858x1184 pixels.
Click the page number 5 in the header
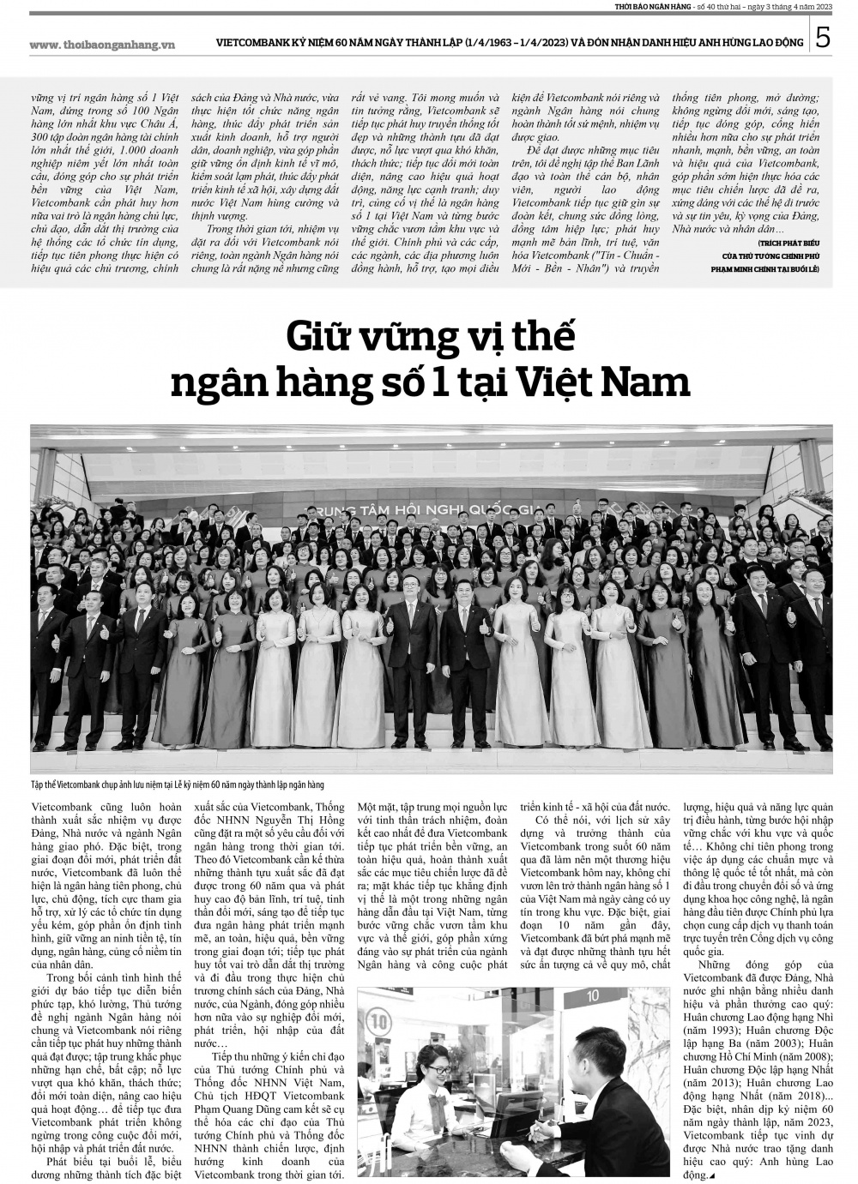(823, 39)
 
